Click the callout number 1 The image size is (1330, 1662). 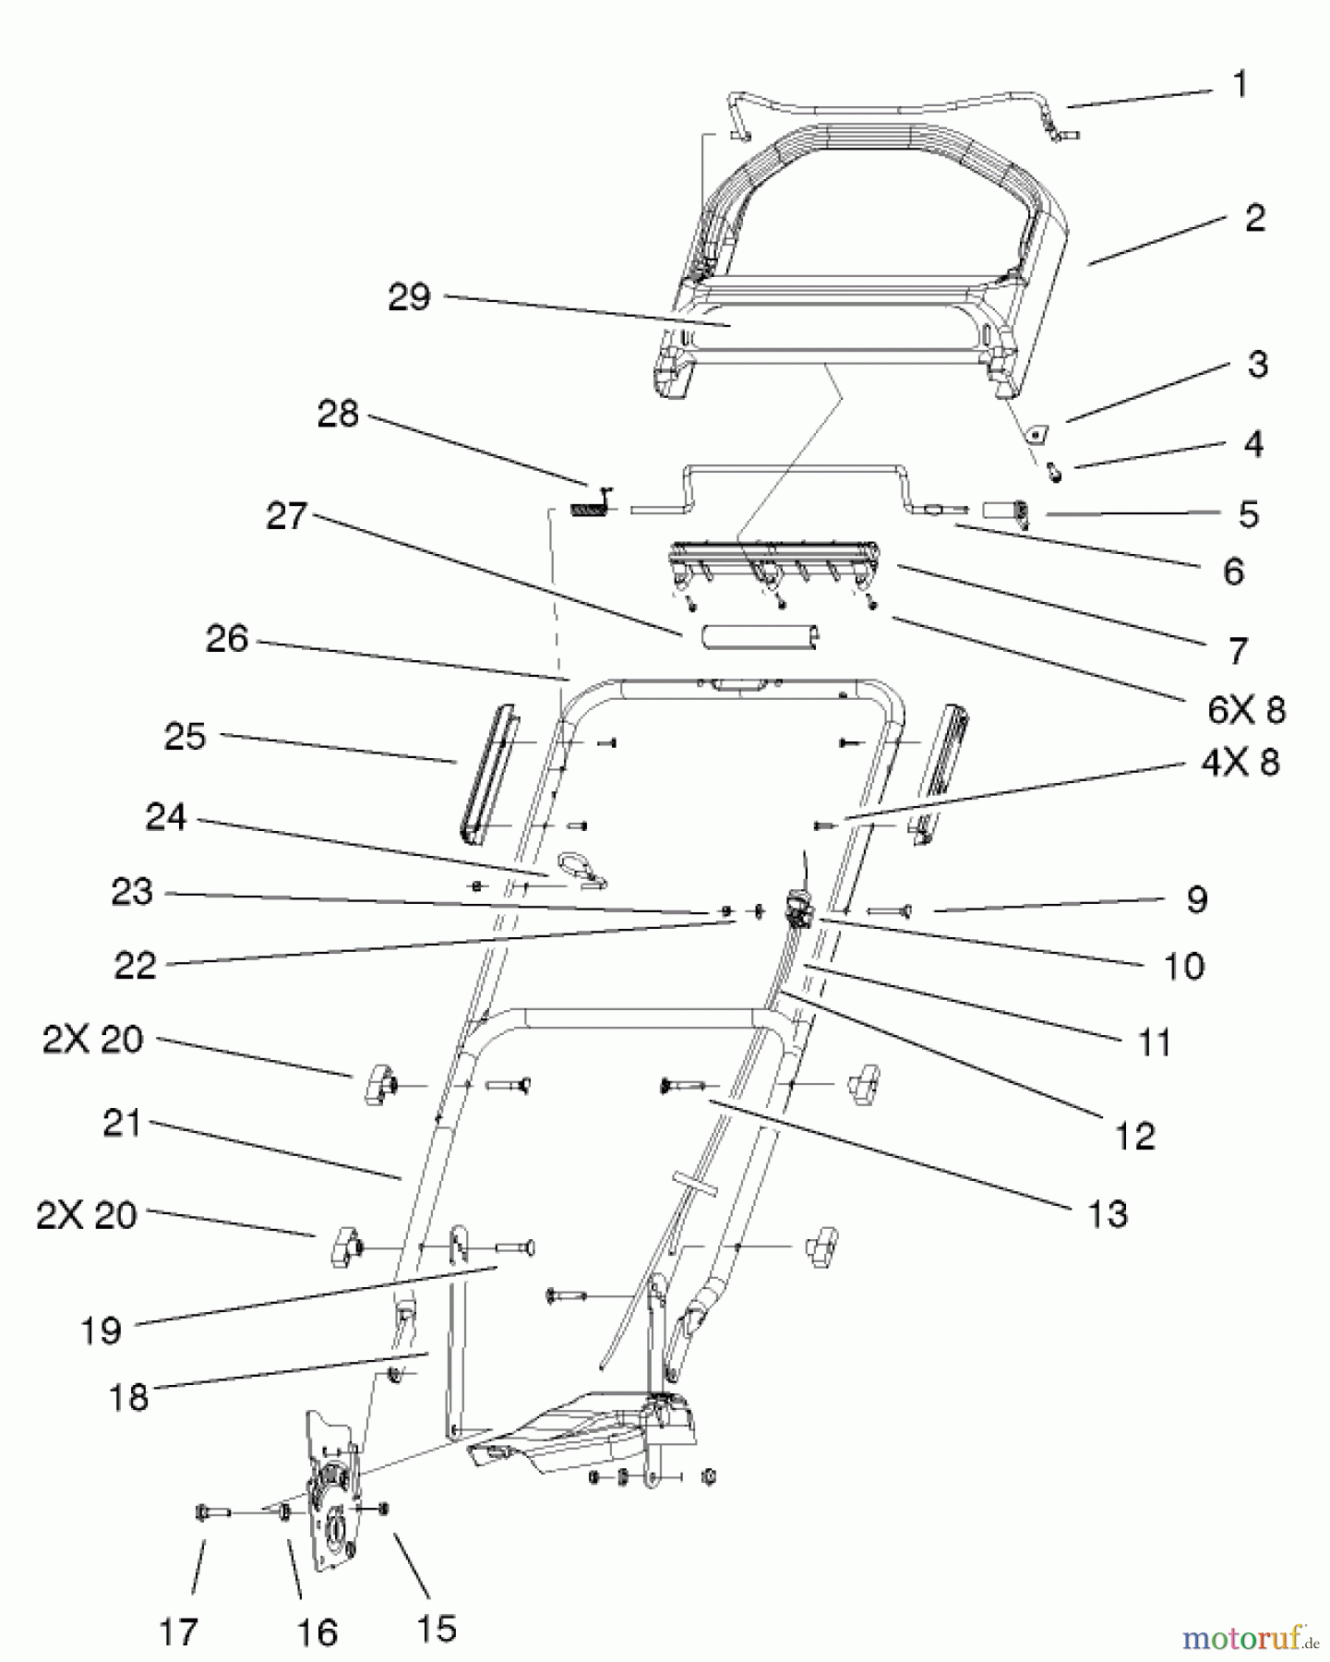tap(1240, 85)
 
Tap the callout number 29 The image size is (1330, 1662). tap(409, 297)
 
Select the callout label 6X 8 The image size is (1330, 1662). tap(1246, 710)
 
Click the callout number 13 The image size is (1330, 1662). tap(1108, 1215)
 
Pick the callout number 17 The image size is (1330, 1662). tap(179, 1632)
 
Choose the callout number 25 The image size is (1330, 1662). tap(185, 737)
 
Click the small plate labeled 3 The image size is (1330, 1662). tap(1041, 430)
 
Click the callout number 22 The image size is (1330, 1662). tap(135, 966)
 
